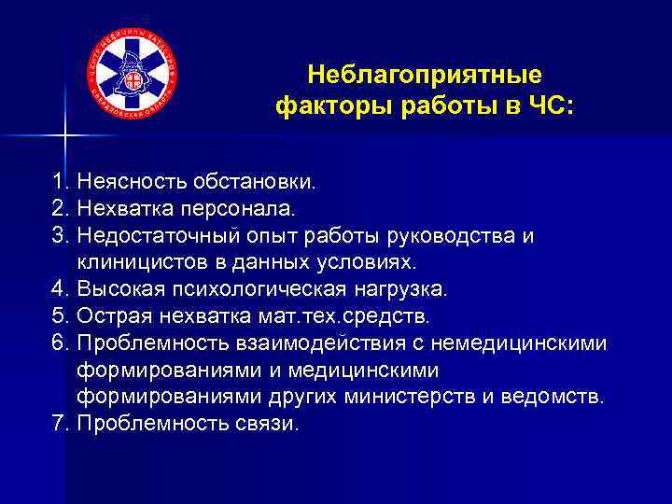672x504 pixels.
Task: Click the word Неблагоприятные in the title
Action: (x=424, y=74)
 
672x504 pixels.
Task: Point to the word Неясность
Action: (x=122, y=178)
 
